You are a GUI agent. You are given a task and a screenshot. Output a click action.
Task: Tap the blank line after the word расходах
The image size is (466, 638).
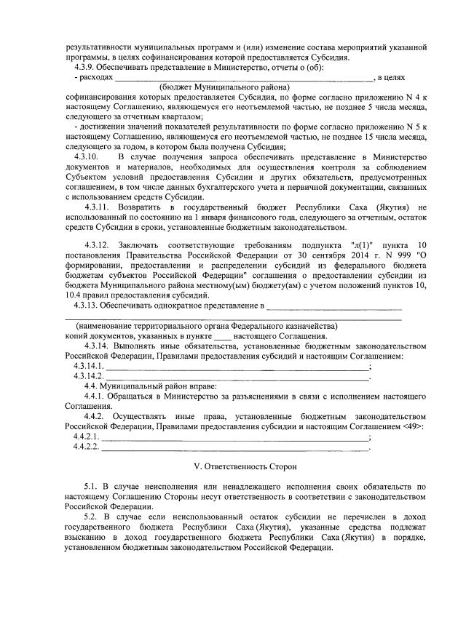coord(244,79)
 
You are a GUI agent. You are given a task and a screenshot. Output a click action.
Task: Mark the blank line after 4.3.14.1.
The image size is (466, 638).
coord(237,367)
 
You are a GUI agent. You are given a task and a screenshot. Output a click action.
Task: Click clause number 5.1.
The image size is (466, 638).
coord(91,485)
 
